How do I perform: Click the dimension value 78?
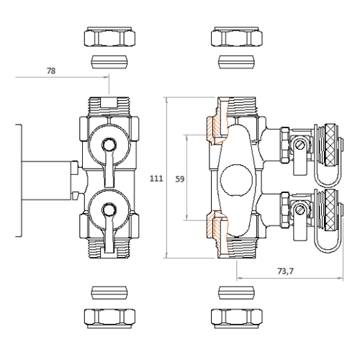pos(51,71)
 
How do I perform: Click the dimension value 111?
pos(156,179)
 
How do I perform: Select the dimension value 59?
pos(180,179)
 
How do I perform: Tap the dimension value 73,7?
pos(286,271)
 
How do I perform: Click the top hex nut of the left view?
pos(109,37)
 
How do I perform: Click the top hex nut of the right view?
pos(237,37)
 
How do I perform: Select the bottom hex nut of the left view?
pos(109,318)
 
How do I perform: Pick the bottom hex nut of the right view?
pos(237,318)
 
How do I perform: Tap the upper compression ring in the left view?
pos(109,62)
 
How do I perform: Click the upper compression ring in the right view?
pos(236,62)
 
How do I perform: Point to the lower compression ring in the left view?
pos(109,292)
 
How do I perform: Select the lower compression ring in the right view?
pos(236,292)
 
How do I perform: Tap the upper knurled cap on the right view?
pos(331,145)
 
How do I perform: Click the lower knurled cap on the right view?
pos(331,210)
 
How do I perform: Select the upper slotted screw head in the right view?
pos(300,145)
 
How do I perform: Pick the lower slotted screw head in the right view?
pos(300,210)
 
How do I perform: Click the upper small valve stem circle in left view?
pos(109,145)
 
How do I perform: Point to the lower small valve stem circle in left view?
pos(109,210)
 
